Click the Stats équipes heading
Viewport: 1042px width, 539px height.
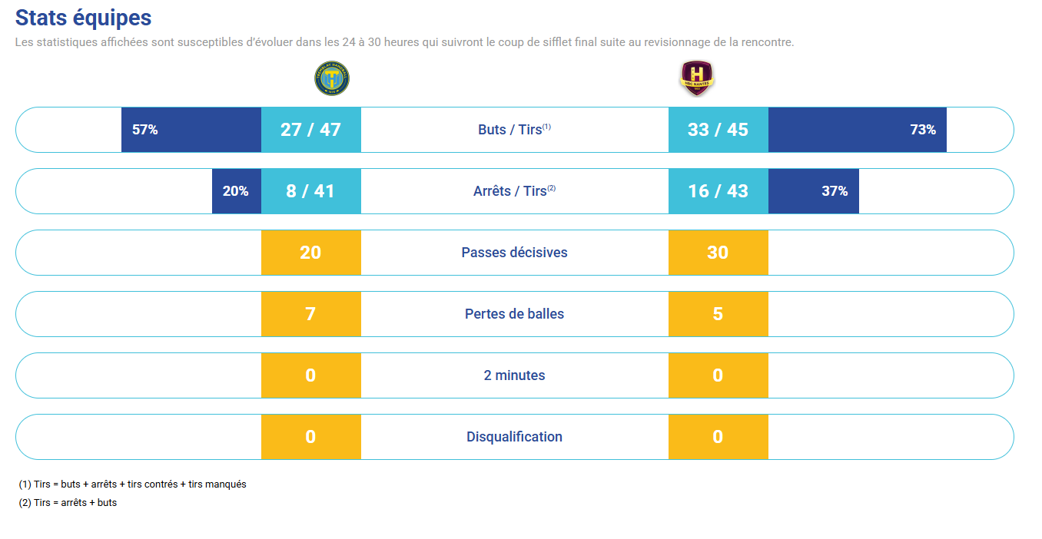pos(83,18)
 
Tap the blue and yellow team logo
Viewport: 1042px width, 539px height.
pos(332,78)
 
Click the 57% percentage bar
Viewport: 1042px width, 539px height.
pos(191,130)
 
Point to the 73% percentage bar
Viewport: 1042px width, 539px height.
pos(857,130)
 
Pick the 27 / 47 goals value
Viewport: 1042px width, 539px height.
pos(310,130)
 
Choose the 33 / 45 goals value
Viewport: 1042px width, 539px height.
pos(718,130)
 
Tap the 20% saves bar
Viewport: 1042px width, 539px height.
pos(237,191)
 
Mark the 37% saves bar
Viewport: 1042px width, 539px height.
pos(813,191)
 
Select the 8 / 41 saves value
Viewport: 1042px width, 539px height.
pos(310,191)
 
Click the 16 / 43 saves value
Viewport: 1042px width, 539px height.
pos(718,191)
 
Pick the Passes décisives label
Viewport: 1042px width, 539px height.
pos(514,253)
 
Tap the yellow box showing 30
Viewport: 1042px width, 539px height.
pos(718,253)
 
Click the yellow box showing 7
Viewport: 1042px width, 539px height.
pos(310,314)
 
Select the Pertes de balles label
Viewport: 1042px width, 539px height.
pos(514,314)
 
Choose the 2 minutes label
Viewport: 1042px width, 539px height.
pos(514,375)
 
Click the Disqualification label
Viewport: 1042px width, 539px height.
pos(514,437)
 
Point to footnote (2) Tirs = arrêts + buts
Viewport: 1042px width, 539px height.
pos(68,503)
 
